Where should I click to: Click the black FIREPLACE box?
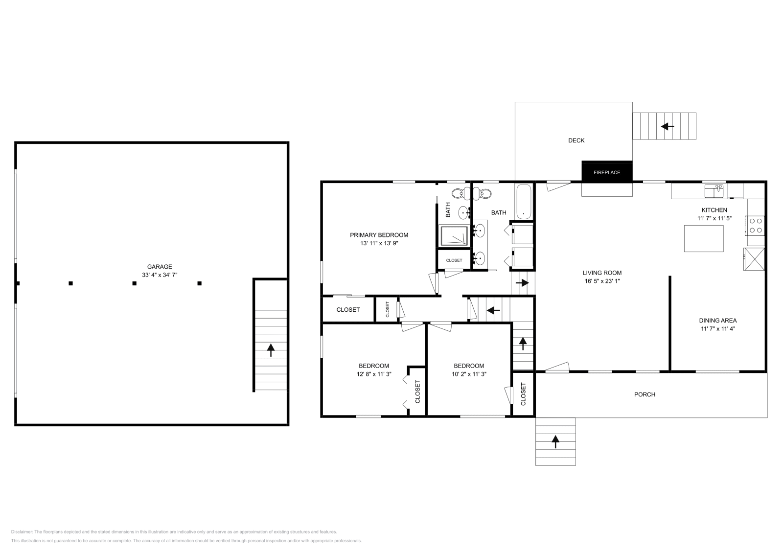click(x=607, y=172)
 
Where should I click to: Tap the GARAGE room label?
click(x=160, y=267)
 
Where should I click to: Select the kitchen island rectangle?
click(x=703, y=238)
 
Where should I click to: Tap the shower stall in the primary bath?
click(x=455, y=236)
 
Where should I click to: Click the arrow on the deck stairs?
click(x=667, y=126)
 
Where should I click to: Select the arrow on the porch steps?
click(x=555, y=441)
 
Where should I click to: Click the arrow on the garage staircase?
click(x=270, y=349)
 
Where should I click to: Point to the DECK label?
click(x=576, y=140)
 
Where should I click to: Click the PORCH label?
click(x=645, y=394)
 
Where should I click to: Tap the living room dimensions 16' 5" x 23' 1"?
click(x=602, y=281)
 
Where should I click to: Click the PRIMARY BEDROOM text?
click(x=379, y=235)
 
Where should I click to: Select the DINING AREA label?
click(x=718, y=321)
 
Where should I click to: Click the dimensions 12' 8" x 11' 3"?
click(x=374, y=374)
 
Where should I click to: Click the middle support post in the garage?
click(x=134, y=283)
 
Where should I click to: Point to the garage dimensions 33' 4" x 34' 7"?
click(x=160, y=275)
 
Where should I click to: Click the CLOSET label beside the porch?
click(x=523, y=394)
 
